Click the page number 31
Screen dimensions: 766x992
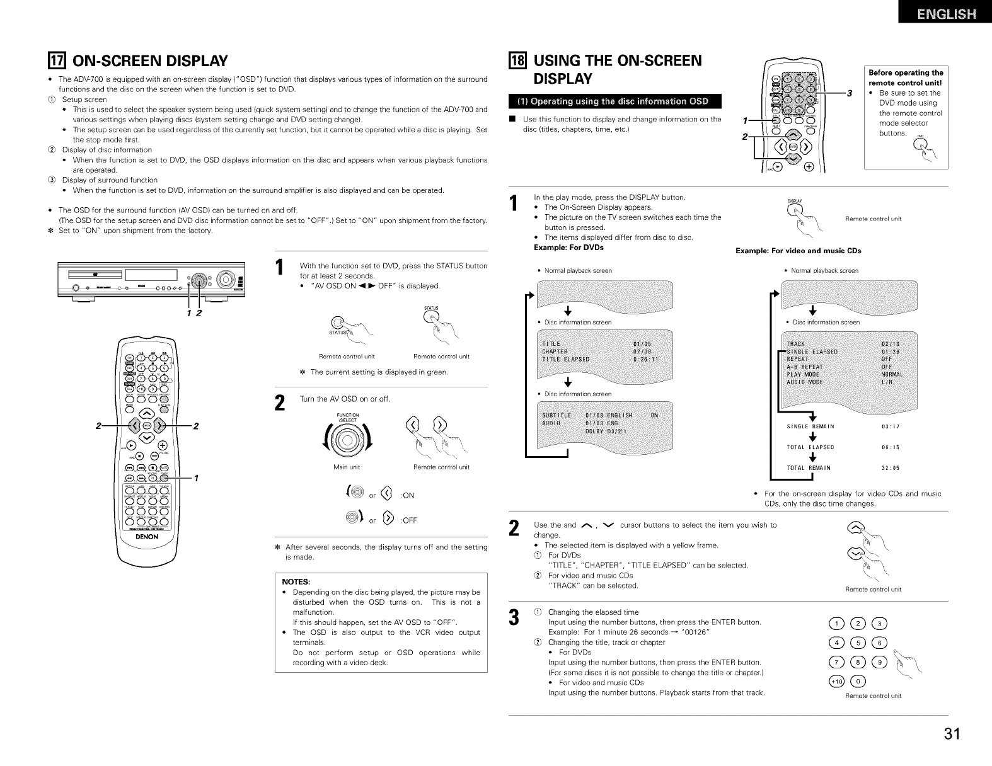(x=952, y=734)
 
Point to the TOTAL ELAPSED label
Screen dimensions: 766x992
(x=810, y=447)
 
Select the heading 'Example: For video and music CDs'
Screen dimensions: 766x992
(x=798, y=251)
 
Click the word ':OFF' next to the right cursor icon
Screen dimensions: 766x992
(x=409, y=521)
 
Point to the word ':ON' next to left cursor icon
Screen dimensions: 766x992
(x=407, y=495)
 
